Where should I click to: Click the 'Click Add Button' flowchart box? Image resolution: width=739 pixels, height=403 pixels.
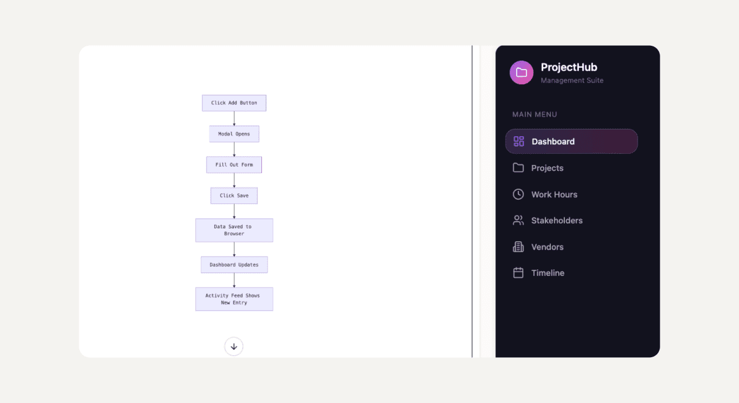click(235, 103)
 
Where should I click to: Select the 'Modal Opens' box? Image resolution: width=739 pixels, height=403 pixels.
click(235, 134)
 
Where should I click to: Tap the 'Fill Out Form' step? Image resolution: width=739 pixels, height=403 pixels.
click(235, 165)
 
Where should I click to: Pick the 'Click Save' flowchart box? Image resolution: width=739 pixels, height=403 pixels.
click(235, 195)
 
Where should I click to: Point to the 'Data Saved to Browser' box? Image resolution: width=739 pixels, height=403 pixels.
click(235, 230)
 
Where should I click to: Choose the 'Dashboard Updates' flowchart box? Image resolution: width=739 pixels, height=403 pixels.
click(235, 265)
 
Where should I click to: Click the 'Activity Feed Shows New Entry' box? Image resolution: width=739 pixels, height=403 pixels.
click(235, 299)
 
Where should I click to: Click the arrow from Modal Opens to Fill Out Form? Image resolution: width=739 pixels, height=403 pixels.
click(235, 150)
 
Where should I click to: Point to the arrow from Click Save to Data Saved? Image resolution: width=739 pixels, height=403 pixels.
click(235, 211)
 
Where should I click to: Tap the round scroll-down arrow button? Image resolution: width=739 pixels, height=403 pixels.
click(234, 347)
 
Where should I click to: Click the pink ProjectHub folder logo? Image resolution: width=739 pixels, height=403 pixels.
click(522, 73)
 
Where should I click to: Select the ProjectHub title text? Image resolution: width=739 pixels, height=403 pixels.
click(569, 67)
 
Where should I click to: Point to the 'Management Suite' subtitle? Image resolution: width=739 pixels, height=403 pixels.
click(572, 81)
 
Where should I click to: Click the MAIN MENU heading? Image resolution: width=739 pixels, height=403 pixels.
click(534, 114)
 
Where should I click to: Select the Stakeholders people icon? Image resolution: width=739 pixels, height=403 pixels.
click(519, 220)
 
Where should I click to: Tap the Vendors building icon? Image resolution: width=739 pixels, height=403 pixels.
click(519, 247)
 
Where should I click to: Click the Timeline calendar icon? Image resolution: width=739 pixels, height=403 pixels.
click(519, 273)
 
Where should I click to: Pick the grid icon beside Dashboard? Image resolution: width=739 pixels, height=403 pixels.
click(519, 142)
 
